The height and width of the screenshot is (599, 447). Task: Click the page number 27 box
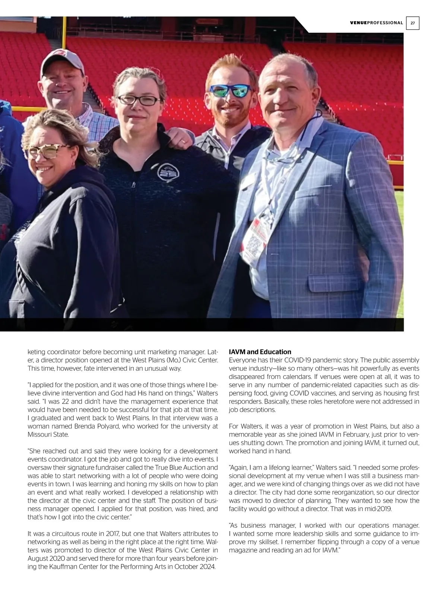point(413,23)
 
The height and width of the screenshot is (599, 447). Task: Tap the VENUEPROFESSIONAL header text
point(377,23)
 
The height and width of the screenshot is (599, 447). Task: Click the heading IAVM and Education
point(260,352)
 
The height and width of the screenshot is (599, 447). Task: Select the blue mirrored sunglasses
point(231,91)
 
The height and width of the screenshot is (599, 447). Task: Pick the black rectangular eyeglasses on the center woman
point(139,100)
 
